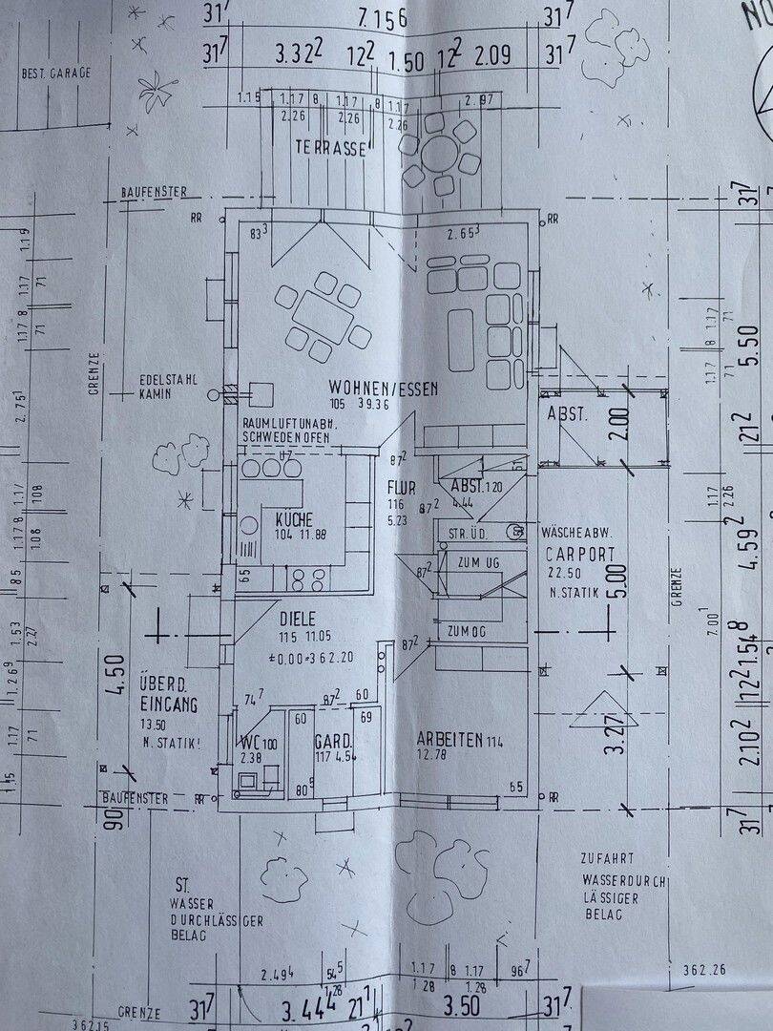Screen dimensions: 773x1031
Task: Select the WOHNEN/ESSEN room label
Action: pos(383,388)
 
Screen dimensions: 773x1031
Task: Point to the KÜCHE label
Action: pos(294,518)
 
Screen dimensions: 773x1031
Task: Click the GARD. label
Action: pos(333,741)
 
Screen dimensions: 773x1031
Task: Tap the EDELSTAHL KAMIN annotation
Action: pos(168,385)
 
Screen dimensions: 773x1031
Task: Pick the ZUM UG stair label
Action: pos(478,563)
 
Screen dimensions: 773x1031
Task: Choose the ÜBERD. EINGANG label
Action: pos(168,695)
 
